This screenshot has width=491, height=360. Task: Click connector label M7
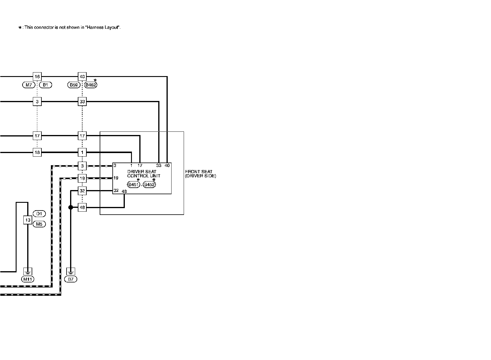pos(29,85)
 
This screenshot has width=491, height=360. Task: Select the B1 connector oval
pos(45,85)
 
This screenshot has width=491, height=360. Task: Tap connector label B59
pos(74,85)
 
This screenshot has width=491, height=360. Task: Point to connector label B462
pos(91,85)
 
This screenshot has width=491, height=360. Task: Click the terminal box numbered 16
pos(37,77)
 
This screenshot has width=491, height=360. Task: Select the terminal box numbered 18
pos(37,152)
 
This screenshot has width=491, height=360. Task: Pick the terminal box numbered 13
pos(28,220)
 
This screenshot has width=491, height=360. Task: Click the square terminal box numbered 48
pos(82,208)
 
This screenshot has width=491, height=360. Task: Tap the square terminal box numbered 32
pos(82,191)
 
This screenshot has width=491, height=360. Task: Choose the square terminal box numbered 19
pos(82,178)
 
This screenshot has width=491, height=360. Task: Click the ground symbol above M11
pos(28,271)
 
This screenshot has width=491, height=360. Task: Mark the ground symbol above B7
pos(71,271)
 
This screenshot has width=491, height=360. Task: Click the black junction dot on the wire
pos(71,208)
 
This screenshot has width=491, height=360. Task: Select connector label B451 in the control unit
pos(133,185)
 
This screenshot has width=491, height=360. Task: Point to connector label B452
pos(149,185)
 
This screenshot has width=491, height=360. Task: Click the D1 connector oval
pos(39,213)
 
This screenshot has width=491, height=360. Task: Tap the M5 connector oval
pos(39,224)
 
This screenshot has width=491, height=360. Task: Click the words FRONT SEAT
pos(198,172)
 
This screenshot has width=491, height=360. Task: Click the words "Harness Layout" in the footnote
pos(102,28)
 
